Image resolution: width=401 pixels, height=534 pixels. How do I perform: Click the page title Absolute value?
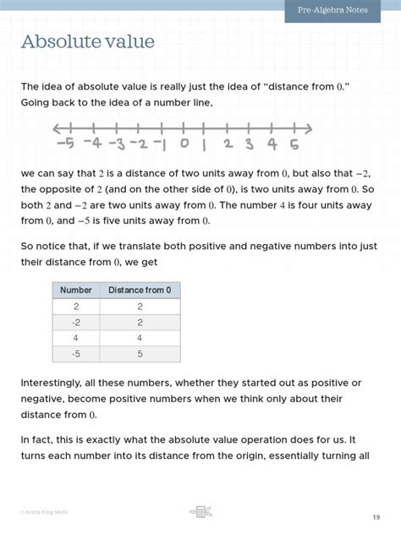point(88,41)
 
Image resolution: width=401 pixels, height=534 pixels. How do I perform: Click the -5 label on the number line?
point(64,144)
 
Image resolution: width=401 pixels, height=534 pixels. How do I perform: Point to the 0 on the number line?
point(184,144)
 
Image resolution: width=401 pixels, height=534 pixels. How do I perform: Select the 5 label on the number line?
point(294,144)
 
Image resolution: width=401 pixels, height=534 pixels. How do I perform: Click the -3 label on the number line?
point(114,144)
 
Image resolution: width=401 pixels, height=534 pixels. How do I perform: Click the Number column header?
point(76,290)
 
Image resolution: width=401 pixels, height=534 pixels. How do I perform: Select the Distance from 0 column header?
point(140,290)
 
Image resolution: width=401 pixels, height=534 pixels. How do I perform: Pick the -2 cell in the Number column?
point(76,322)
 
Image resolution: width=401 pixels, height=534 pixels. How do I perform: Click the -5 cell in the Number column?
point(76,354)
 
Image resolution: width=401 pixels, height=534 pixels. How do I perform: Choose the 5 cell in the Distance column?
point(140,354)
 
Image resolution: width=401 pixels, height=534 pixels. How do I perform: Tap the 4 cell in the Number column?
point(76,338)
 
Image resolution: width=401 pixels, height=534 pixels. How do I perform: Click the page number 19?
point(375,516)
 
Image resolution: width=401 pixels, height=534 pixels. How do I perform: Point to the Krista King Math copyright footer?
point(47,512)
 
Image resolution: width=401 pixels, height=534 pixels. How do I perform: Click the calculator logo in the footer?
point(200,511)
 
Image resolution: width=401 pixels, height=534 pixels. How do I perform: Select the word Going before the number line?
point(38,102)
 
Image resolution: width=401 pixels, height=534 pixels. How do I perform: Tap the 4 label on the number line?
point(272,144)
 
